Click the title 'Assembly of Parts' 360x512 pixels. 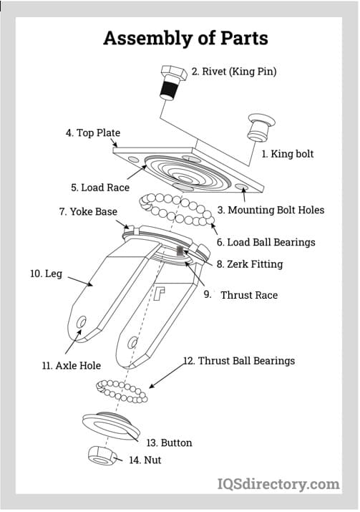point(185,39)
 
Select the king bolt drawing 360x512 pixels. point(261,127)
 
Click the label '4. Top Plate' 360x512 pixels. point(93,133)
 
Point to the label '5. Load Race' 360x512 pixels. point(100,188)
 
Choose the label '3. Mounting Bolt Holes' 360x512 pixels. point(271,210)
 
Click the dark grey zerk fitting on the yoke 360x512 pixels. point(180,251)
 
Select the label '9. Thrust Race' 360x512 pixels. point(241,295)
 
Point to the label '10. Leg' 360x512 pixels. point(46,274)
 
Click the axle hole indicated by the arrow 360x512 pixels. point(81,322)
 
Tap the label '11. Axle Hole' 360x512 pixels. point(72,365)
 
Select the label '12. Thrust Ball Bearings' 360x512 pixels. point(239,360)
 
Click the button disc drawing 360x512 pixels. point(111,426)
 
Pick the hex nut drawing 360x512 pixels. point(102,455)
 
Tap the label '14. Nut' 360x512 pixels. point(145,460)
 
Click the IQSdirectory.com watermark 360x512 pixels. point(278,484)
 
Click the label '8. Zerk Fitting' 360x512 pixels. point(250,264)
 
